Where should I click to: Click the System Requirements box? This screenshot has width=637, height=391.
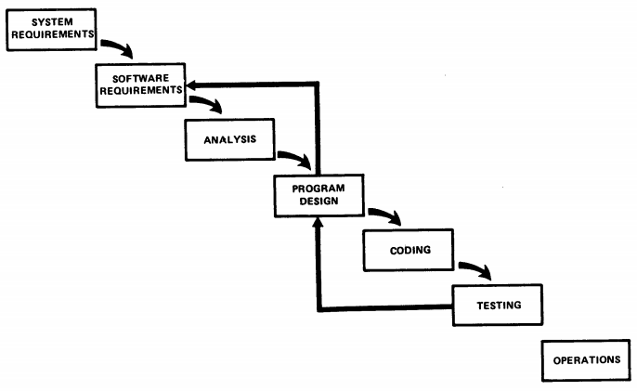[x=52, y=30]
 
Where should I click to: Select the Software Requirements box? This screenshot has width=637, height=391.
[x=140, y=85]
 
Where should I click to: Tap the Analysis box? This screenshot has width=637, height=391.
[x=230, y=140]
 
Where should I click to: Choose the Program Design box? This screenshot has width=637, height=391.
[x=318, y=195]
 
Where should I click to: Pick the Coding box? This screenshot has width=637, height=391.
[x=409, y=250]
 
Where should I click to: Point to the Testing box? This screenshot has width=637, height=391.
[x=498, y=306]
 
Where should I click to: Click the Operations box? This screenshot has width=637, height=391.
[x=586, y=360]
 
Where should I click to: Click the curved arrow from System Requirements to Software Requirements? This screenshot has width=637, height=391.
[x=120, y=46]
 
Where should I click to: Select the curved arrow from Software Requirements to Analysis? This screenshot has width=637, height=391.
[x=209, y=101]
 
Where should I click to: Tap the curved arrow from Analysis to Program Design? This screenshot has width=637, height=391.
[x=297, y=157]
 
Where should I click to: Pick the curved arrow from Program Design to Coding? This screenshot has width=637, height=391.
[x=387, y=214]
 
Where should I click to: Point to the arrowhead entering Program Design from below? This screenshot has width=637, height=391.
[x=318, y=222]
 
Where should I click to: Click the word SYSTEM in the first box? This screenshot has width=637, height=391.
[x=52, y=22]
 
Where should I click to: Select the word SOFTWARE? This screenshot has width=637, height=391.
[x=140, y=78]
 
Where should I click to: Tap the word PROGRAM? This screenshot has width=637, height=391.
[x=318, y=189]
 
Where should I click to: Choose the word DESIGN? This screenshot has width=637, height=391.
[x=318, y=202]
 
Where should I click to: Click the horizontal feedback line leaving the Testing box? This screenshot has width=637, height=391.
[x=385, y=308]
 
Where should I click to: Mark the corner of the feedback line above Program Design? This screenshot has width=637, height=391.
[x=318, y=85]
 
